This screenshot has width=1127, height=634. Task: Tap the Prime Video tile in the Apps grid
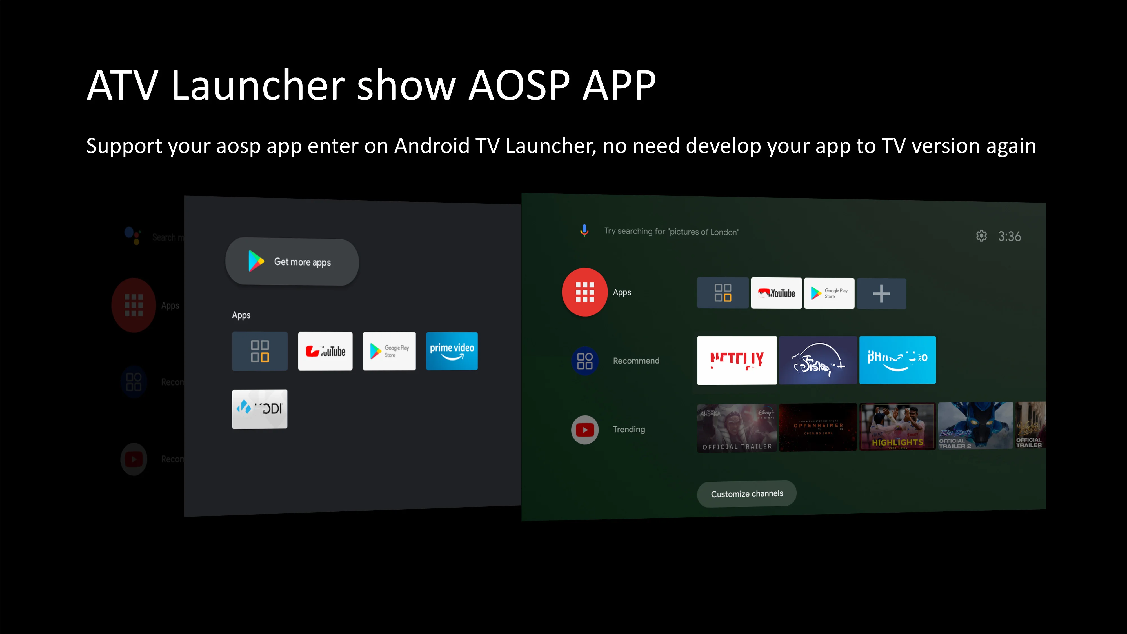click(x=452, y=351)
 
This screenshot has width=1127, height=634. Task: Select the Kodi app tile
click(x=259, y=409)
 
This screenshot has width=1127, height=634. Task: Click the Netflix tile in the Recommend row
click(x=737, y=360)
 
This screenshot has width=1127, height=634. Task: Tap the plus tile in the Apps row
click(x=881, y=293)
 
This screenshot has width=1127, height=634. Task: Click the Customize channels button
click(x=746, y=493)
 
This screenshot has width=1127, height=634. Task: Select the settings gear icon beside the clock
click(x=981, y=236)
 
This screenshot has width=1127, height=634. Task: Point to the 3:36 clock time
click(x=1009, y=236)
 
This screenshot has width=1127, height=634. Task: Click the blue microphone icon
click(x=584, y=230)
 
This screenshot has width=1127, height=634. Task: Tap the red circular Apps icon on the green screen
click(x=584, y=292)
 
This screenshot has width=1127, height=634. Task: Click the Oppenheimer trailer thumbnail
click(x=818, y=427)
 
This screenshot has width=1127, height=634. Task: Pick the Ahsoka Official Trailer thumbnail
click(x=737, y=428)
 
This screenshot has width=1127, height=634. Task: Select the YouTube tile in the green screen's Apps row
click(x=776, y=293)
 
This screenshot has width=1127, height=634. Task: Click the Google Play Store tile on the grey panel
click(x=389, y=351)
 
